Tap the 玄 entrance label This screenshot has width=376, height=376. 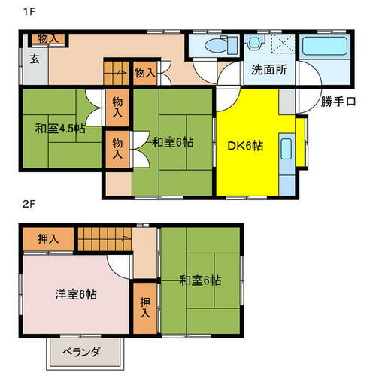tap(35, 59)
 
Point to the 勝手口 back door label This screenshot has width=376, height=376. tap(337, 102)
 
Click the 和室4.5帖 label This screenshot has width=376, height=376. tap(59, 128)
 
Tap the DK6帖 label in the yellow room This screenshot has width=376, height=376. tap(247, 146)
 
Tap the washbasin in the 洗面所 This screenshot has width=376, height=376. tap(255, 43)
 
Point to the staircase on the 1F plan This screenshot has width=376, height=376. tap(115, 73)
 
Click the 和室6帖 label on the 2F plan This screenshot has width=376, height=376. tap(200, 280)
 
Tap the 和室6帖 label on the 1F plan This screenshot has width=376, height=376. tap(171, 141)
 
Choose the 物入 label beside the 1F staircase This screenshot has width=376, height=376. tap(145, 73)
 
